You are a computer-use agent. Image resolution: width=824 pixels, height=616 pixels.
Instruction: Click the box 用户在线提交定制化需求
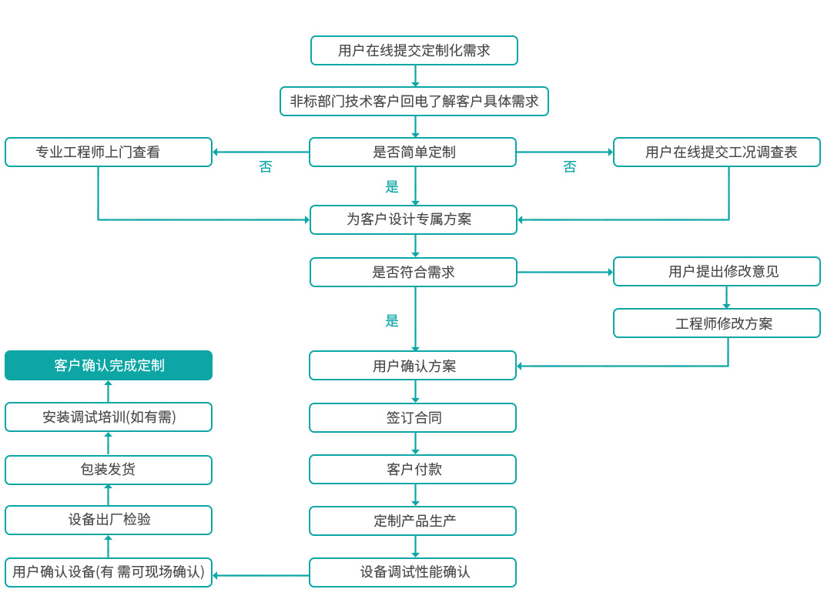coord(414,51)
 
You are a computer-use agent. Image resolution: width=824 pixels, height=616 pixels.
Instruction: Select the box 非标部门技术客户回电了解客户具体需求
coord(414,101)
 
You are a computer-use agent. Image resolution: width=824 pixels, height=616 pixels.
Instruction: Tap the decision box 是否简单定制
coord(413,152)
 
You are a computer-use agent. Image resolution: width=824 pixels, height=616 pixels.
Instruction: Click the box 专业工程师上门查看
coord(109,152)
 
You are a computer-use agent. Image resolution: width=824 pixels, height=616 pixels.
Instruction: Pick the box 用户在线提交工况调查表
coord(717,152)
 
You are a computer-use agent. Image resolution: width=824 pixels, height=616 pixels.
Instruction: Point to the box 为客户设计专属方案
coord(414,219)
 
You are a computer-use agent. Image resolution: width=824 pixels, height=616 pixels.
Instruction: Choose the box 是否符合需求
coord(414,272)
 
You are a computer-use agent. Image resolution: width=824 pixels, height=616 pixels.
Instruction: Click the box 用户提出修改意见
coord(717,271)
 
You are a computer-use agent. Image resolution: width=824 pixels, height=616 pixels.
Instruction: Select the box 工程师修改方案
coord(717,323)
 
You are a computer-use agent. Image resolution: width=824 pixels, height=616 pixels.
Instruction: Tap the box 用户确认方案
coord(413,366)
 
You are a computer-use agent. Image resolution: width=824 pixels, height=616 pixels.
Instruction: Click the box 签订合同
coord(413,417)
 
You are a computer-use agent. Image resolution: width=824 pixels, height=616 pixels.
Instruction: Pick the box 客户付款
coord(413,469)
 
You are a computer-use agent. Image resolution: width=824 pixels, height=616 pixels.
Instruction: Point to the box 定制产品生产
coord(413,521)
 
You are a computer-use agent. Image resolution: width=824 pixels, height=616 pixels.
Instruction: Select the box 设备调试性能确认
coord(413,572)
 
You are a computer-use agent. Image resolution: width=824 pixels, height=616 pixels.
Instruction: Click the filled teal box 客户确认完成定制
coord(109,365)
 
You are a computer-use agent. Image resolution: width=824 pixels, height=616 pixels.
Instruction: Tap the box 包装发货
coord(109,470)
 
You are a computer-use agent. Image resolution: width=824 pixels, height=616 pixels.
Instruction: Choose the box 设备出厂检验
coord(109,520)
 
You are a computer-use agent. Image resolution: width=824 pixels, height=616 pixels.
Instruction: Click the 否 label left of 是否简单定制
coord(266,167)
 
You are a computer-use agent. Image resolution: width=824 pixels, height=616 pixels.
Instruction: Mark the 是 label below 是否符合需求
coord(392,320)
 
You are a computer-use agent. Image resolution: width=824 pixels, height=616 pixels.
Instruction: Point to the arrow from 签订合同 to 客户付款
coord(415,444)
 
